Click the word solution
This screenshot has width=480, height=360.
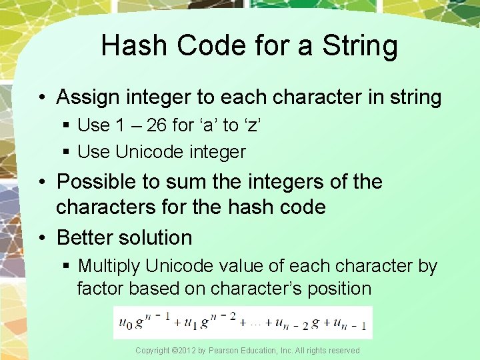tap(156, 237)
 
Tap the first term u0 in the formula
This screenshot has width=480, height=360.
tap(124, 323)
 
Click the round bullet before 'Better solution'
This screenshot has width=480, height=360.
tap(43, 238)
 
